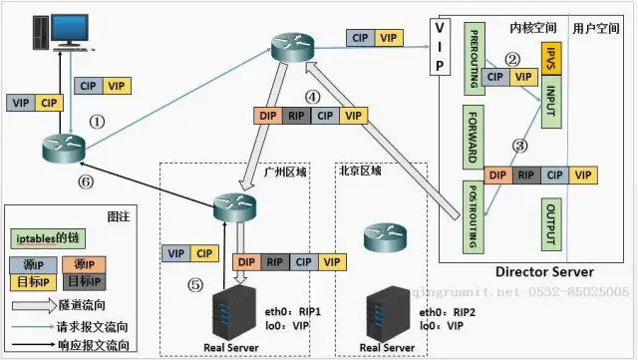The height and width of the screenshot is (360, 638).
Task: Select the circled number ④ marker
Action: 312,97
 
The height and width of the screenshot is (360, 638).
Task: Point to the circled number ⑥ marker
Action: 87,182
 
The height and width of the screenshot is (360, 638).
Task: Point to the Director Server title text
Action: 544,271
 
